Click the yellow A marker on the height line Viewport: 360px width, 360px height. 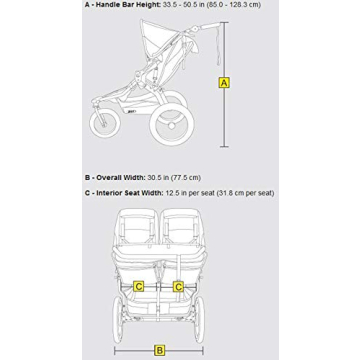pyautogui.click(x=224, y=83)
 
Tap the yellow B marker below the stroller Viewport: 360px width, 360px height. pyautogui.click(x=159, y=350)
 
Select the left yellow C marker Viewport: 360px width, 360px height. pyautogui.click(x=139, y=287)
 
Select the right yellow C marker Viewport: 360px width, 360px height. pyautogui.click(x=178, y=287)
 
